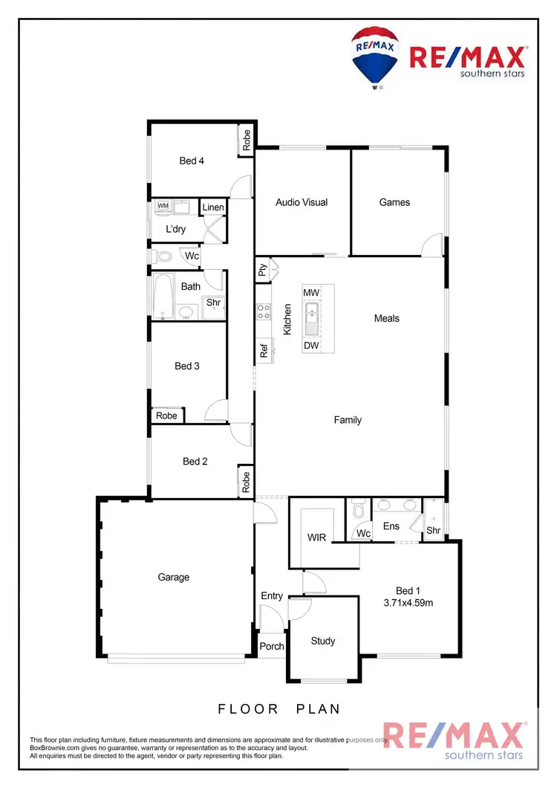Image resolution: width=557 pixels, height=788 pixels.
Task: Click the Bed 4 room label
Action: pos(192,161)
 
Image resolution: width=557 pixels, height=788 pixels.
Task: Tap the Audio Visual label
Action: pos(302,202)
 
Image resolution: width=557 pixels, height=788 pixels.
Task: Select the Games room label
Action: pos(394,202)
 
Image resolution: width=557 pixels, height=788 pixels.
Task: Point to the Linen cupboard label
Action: pos(213,207)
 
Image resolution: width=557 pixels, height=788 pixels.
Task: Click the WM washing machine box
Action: pos(163,206)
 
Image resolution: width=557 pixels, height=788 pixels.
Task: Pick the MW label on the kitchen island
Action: pos(311,293)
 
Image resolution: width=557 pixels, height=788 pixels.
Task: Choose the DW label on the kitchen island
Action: pos(311,346)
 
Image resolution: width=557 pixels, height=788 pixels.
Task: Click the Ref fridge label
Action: pos(264,349)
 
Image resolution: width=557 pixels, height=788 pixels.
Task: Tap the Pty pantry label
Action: pos(263,270)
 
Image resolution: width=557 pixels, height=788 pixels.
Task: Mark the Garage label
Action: pos(173,578)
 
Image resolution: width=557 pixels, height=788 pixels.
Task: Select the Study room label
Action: pos(323,641)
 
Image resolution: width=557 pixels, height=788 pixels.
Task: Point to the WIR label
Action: pos(316,537)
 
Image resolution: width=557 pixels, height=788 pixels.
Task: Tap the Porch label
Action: pos(272,646)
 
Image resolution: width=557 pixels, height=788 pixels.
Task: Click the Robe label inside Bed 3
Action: pos(167,416)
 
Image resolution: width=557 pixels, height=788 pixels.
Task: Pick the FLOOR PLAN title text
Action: pos(278,709)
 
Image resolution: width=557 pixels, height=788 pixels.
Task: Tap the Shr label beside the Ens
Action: pos(432,531)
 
